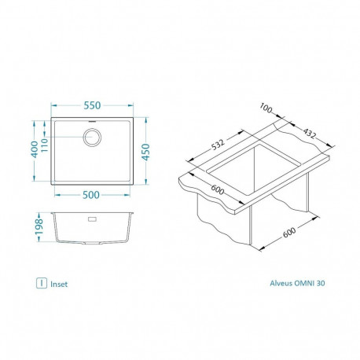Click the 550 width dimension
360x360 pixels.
click(x=92, y=105)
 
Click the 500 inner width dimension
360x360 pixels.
click(x=92, y=196)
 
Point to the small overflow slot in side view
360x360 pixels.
click(x=91, y=220)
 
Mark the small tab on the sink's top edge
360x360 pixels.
click(x=92, y=121)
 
